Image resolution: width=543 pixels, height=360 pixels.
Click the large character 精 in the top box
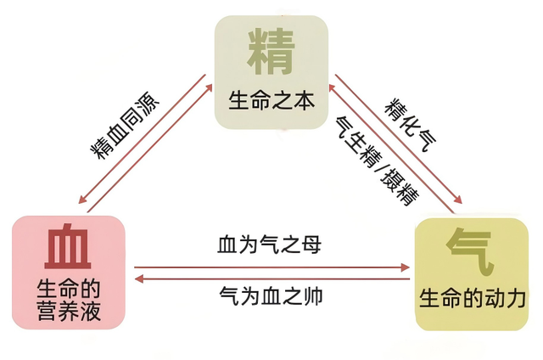pos(271,52)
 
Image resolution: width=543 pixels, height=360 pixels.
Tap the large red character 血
pos(68,246)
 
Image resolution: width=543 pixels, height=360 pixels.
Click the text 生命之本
pos(271,100)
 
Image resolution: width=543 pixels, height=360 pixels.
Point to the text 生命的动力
pos(473,298)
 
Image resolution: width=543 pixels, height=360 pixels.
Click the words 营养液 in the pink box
pos(69,311)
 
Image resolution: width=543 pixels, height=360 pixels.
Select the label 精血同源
pos(125,126)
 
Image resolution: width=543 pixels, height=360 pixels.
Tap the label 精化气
pos(410,125)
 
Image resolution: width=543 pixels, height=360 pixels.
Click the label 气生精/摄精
pos(377,160)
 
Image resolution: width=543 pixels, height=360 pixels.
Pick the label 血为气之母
pos(269,245)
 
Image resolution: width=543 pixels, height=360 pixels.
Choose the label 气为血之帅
pos(271,296)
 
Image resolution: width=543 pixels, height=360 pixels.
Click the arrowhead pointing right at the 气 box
pos(406,267)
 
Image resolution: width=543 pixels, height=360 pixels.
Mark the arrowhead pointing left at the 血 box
pos(139,278)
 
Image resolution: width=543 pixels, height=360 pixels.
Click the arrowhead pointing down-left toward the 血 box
pos(82,199)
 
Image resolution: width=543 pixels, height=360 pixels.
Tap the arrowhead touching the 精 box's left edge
pos(209,87)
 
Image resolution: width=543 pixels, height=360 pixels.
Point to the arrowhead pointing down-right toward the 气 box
pos(457,200)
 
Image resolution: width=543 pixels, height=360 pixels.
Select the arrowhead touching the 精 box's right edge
pos(333,87)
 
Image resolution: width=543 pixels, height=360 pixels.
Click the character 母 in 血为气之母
pos(311,245)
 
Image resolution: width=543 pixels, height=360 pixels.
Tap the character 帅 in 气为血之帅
pos(313,296)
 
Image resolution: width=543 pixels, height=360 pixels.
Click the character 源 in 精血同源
pos(149,102)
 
